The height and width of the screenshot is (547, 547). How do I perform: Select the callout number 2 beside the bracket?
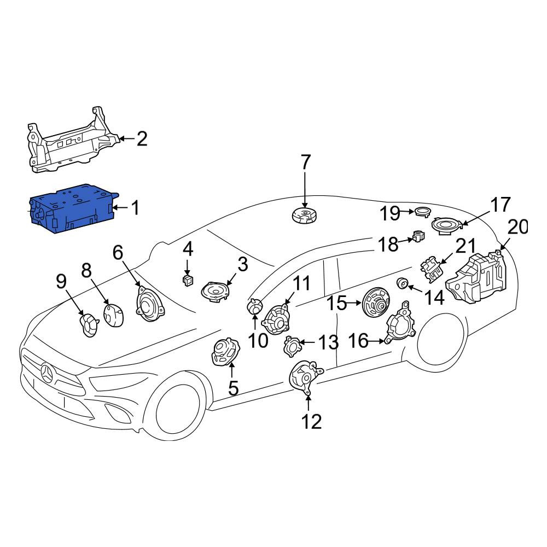coord(142,139)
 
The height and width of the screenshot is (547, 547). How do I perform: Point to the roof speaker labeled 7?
coord(305,215)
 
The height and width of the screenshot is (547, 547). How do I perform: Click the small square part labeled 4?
coord(188,280)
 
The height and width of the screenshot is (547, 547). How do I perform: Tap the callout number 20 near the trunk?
coord(517,227)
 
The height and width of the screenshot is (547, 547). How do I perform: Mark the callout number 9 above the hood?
coord(61,281)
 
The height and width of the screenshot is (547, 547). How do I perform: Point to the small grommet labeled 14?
coord(402,283)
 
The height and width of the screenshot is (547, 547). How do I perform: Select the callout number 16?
coord(358,340)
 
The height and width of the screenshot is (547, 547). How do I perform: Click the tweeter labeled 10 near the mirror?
coord(255,307)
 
